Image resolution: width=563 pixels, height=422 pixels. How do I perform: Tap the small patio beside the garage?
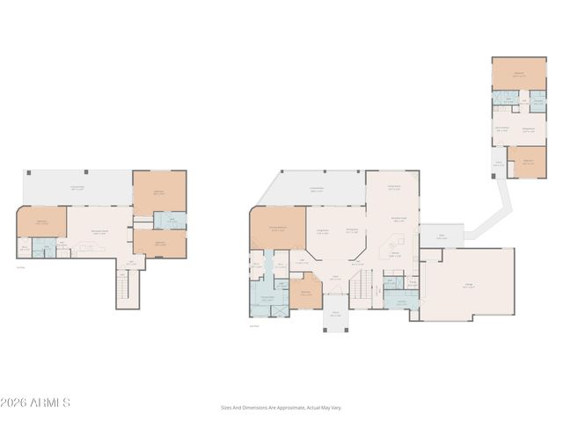442,236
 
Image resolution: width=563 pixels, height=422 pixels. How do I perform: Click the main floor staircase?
362,284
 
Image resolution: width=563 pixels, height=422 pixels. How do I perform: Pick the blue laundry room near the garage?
400,302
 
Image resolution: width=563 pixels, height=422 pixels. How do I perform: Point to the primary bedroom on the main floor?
278,229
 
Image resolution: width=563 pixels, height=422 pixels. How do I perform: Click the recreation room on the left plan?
99,232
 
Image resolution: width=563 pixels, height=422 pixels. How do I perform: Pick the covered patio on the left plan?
77,186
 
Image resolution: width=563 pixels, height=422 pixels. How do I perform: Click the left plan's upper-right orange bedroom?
159,191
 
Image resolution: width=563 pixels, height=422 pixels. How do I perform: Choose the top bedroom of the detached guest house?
519,73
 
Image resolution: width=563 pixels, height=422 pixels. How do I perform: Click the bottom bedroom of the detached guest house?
527,162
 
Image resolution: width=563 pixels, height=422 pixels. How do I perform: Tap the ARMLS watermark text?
35,403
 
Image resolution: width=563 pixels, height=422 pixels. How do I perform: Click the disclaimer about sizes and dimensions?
281,407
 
